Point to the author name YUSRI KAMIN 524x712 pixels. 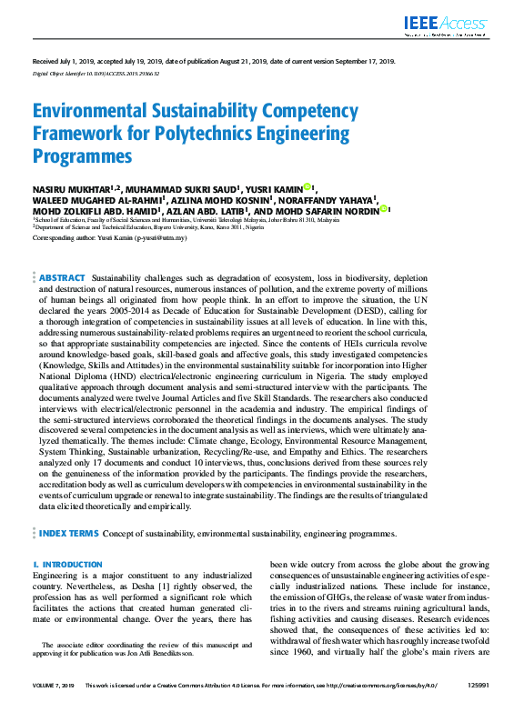(275, 188)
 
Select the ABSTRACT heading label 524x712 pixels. (61, 276)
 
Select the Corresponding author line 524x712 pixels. (109, 236)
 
